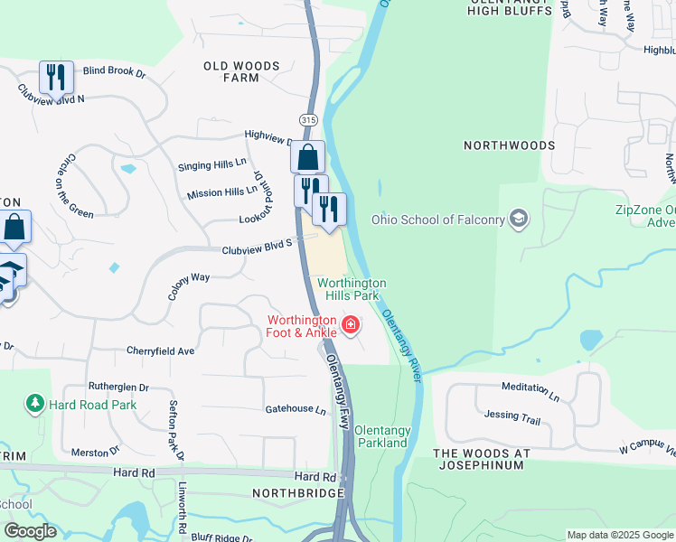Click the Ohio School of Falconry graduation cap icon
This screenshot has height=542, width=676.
(x=519, y=219)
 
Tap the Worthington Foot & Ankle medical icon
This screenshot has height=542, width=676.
(x=350, y=323)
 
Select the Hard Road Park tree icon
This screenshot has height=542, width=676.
(x=35, y=404)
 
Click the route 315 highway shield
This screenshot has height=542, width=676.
(x=307, y=119)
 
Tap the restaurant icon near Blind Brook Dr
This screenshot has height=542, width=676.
(x=57, y=76)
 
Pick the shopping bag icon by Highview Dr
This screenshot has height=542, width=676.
(x=307, y=156)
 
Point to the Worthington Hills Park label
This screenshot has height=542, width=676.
(x=352, y=289)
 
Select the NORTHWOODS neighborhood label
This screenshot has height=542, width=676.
(x=509, y=145)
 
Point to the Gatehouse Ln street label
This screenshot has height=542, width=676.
(x=295, y=409)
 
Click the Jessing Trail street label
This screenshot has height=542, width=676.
(x=512, y=416)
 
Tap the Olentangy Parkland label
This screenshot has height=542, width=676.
(x=382, y=437)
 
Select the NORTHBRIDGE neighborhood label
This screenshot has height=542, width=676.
(x=298, y=493)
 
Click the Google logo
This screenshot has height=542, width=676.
(x=30, y=531)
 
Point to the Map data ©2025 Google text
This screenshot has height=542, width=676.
(x=618, y=535)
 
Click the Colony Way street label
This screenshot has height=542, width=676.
(x=188, y=287)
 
